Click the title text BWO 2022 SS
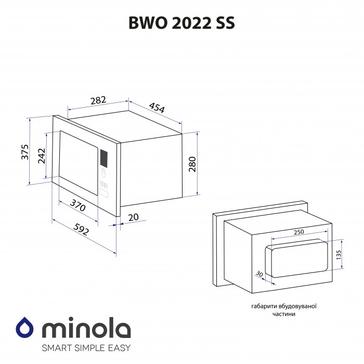tap(181, 23)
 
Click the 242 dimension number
tap(42, 157)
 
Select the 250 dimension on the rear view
tap(298, 232)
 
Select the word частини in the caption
tap(283, 315)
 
